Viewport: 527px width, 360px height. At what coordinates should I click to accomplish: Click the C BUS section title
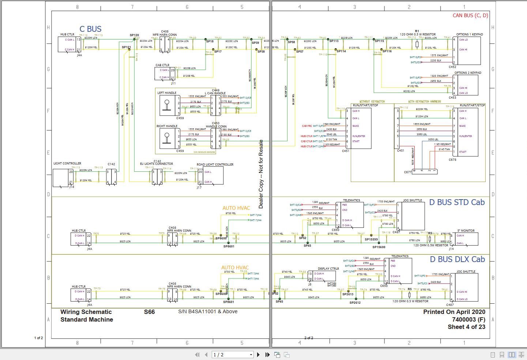coord(90,29)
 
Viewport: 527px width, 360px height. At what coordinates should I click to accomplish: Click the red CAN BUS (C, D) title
coord(470,15)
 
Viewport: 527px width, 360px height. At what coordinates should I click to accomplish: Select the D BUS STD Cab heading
coord(457,202)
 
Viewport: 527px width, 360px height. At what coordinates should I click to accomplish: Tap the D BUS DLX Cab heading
coord(457,259)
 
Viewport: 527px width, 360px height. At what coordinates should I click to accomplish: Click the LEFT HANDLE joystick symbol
coord(167,105)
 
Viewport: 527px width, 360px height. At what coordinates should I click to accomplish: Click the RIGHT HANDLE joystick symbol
coord(167,139)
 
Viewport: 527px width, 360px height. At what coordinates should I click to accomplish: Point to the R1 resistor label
coord(417,31)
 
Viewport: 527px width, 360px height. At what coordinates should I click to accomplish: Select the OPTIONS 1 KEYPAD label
coord(469,34)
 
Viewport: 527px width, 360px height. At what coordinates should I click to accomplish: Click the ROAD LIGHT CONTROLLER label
coord(215,164)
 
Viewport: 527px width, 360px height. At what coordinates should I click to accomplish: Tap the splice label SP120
coord(134,35)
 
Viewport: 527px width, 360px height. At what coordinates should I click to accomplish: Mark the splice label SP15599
coord(371,240)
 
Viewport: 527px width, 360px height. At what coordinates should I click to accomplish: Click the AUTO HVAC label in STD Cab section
coord(236,208)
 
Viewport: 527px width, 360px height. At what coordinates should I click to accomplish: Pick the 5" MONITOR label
coord(466,231)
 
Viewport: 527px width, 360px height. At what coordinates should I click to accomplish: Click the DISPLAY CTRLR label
coord(328,269)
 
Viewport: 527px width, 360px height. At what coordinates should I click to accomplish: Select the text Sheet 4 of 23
coord(466,327)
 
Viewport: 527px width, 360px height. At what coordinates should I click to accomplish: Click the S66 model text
coord(149,312)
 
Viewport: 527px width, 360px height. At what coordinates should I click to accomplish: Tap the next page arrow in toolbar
coord(259,355)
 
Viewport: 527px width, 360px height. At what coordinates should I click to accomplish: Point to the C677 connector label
coord(408,172)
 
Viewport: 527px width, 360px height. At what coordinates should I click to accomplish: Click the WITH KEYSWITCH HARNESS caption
coord(424,102)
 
